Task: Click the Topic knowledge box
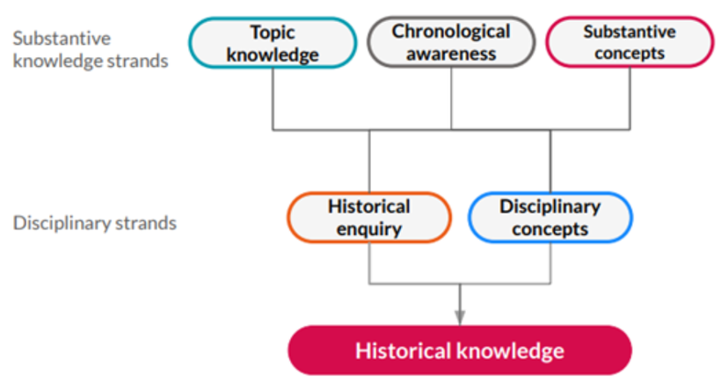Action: tap(273, 43)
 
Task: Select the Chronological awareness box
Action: tap(451, 42)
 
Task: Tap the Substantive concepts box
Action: tap(630, 42)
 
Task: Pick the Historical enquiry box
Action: tap(369, 217)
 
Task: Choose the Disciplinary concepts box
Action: tap(550, 217)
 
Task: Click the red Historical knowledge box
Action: tap(460, 350)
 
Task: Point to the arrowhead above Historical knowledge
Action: tap(460, 318)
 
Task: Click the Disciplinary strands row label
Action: tap(95, 223)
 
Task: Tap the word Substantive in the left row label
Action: tap(62, 38)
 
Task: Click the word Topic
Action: tap(273, 33)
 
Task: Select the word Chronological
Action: tap(451, 32)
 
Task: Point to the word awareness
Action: tap(451, 54)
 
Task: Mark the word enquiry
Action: tap(369, 229)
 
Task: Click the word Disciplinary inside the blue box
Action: tap(550, 206)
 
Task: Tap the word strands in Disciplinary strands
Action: tap(146, 223)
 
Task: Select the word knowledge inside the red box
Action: tap(511, 350)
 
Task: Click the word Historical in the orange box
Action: tap(369, 206)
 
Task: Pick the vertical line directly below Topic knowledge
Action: tap(273, 98)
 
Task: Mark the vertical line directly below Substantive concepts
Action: tap(630, 98)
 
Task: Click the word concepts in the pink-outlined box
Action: tap(630, 54)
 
